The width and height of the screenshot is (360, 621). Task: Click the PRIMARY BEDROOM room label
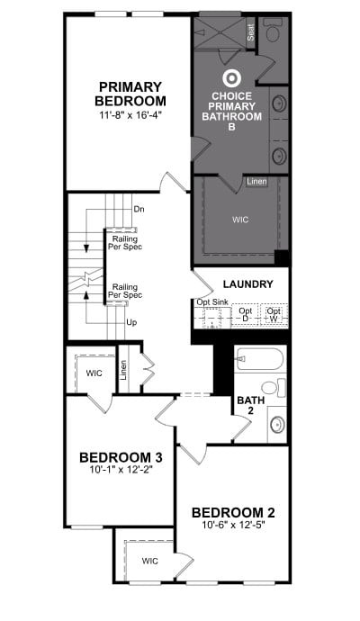130,94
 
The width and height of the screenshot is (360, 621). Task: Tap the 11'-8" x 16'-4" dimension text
130,115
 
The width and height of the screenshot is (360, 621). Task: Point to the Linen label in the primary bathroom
256,182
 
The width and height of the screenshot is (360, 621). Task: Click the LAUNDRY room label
247,284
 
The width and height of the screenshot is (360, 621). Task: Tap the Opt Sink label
212,302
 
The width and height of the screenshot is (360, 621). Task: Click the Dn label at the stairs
139,209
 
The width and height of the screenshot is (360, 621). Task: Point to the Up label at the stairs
132,322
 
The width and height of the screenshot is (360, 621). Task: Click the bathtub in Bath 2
259,358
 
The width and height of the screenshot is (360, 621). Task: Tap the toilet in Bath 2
274,387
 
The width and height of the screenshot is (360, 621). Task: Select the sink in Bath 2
277,425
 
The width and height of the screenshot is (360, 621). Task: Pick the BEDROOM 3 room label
121,457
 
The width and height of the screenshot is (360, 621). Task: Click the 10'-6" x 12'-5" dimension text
232,525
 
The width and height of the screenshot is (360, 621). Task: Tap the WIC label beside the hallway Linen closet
94,373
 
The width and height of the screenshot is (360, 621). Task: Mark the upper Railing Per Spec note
125,243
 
